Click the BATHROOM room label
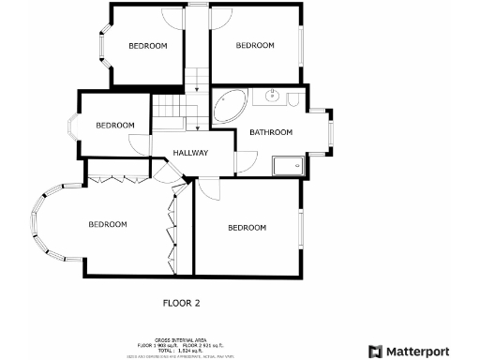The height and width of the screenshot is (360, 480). point(271,132)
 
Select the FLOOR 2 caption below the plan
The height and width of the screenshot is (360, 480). point(182,303)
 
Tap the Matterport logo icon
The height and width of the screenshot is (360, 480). point(374,351)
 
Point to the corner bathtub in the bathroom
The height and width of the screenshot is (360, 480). point(227,105)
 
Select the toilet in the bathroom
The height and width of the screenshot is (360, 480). point(292,98)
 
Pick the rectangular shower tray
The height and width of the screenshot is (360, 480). point(287,166)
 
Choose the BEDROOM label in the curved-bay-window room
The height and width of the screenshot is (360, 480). point(108,224)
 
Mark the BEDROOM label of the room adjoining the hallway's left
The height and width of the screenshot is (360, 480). point(115,126)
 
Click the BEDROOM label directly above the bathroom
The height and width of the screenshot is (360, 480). point(254,45)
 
